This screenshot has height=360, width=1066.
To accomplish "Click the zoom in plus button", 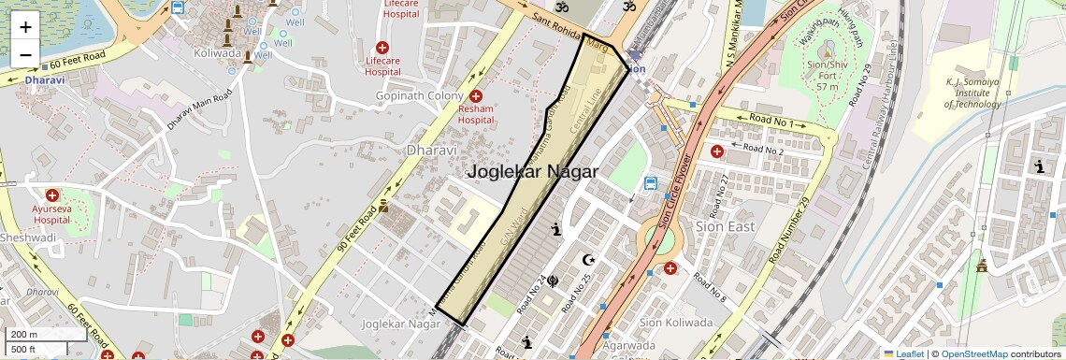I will [25, 26].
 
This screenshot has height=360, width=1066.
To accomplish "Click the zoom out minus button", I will [25, 54].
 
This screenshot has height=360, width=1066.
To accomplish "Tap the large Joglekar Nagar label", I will [532, 172].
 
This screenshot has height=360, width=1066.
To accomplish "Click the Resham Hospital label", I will [475, 114].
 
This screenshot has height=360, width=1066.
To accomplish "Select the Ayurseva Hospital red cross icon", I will [52, 196].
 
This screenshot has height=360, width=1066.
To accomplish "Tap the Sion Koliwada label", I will [675, 323].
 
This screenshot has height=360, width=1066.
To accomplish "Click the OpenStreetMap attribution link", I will [973, 354].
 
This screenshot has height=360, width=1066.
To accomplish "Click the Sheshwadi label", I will [27, 238].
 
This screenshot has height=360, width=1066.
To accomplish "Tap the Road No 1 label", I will [771, 121].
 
